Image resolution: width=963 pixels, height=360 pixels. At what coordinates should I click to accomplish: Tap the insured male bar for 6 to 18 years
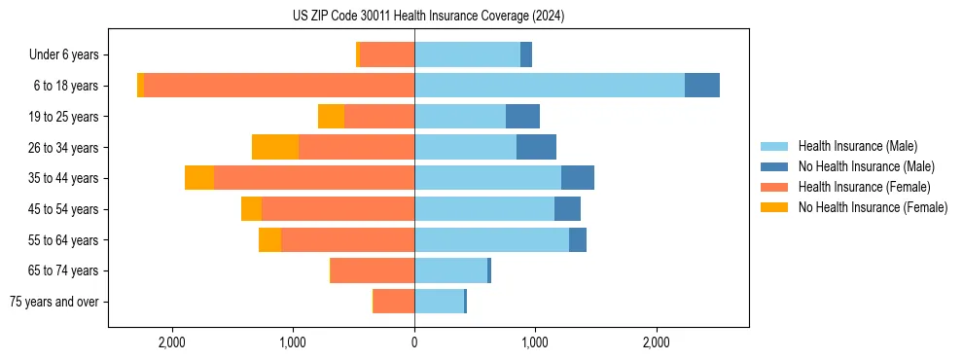pos(550,86)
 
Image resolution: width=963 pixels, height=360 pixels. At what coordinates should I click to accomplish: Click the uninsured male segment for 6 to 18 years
pos(702,86)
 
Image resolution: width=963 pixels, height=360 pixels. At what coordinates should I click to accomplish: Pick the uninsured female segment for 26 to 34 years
pos(275,147)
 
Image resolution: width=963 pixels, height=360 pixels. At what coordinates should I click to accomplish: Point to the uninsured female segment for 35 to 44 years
pos(199,178)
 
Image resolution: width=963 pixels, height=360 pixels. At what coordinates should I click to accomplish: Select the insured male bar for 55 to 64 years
pos(491,239)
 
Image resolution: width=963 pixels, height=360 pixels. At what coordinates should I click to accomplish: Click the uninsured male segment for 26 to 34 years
pos(536,147)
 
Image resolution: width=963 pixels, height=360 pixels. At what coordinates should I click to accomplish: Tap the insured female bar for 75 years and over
pos(394,302)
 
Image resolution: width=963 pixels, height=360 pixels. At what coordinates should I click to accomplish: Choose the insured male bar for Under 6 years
pos(467,54)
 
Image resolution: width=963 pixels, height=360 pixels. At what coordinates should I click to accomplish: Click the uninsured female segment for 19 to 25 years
pos(331,117)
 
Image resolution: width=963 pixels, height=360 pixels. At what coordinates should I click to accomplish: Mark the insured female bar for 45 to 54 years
pos(338,209)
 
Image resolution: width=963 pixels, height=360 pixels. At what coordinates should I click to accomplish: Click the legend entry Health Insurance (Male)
pos(857,146)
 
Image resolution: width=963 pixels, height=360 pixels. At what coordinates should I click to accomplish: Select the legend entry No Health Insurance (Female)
pos(873,207)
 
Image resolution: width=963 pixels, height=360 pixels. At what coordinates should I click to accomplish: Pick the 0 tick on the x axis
pos(414,342)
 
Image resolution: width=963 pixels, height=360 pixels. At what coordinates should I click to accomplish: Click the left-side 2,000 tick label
pos(172,342)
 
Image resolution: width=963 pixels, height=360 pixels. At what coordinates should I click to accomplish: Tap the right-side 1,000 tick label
pos(534,342)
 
